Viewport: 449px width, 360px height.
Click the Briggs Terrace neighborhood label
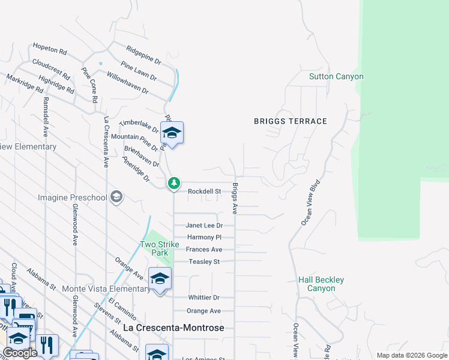click(290, 121)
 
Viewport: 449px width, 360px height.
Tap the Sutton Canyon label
click(336, 77)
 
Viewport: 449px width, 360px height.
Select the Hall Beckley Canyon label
click(321, 284)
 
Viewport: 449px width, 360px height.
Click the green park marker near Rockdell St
click(173, 182)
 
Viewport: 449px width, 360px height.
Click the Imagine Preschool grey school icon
click(116, 197)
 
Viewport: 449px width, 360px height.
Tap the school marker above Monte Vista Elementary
click(160, 279)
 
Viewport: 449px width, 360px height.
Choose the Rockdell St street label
click(205, 191)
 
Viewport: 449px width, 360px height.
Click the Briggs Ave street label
click(235, 198)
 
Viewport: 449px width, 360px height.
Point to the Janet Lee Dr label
click(204, 226)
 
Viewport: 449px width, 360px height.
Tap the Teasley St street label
click(204, 262)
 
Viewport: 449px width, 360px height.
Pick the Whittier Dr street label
click(203, 298)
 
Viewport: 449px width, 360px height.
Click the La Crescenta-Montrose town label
click(173, 328)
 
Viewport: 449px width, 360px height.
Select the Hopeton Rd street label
click(50, 47)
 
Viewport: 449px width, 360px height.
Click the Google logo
click(20, 353)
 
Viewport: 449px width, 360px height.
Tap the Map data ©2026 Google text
click(411, 355)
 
